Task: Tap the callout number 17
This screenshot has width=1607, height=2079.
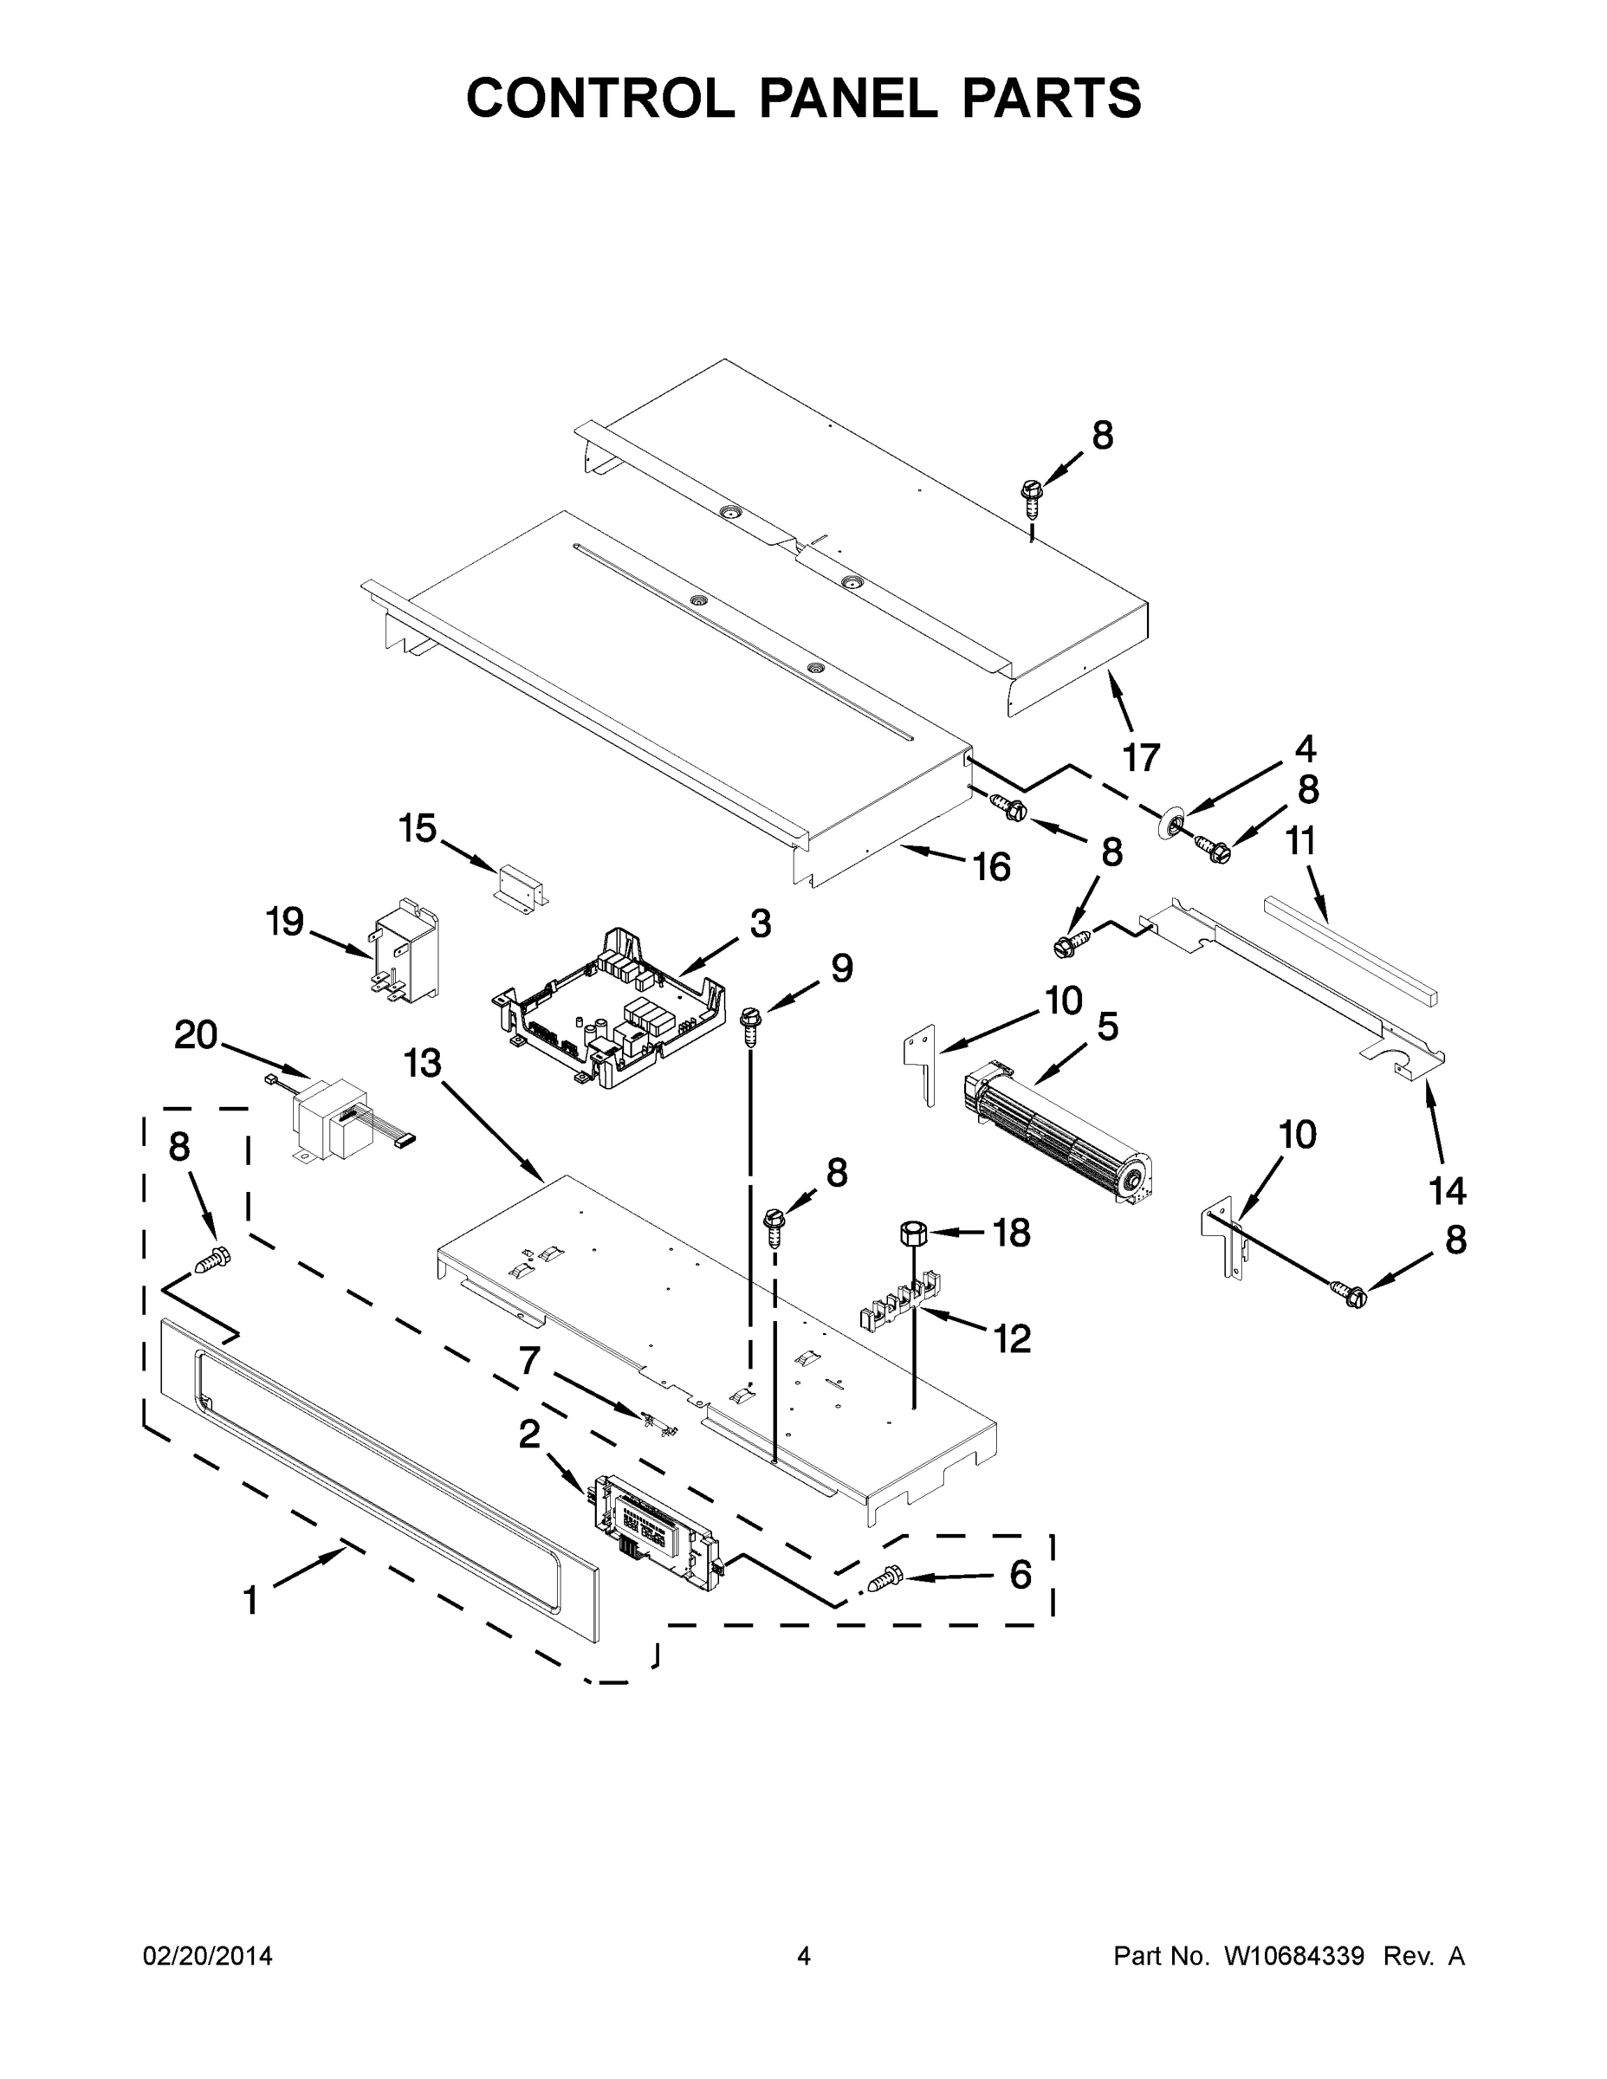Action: tap(1141, 758)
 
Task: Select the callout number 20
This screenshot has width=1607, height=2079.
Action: tap(196, 1035)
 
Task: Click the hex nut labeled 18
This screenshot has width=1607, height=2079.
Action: tap(912, 1233)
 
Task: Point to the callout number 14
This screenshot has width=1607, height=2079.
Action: tap(1447, 1190)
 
